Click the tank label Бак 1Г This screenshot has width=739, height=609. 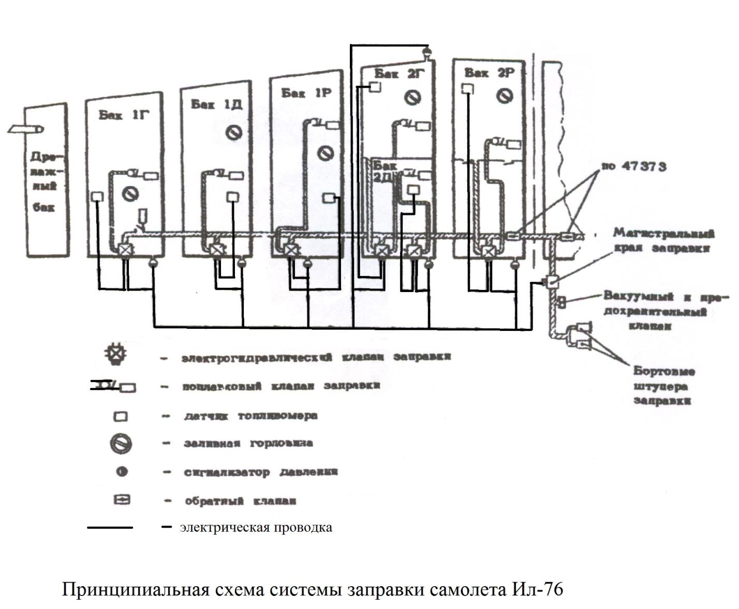(124, 115)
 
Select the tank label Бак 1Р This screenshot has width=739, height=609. (306, 93)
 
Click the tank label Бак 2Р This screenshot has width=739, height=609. (489, 73)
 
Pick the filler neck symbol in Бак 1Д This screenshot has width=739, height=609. (235, 133)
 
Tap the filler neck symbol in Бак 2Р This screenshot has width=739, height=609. (505, 96)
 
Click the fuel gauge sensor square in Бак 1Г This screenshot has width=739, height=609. (97, 197)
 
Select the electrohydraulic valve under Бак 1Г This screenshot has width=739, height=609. (125, 250)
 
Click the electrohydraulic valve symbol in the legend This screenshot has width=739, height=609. (114, 355)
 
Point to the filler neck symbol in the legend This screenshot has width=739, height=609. (121, 444)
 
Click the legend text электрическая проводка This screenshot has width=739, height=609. (256, 528)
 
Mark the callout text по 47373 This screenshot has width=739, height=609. (633, 167)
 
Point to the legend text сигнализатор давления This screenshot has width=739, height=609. (261, 472)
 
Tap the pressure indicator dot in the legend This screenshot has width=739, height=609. (122, 472)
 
